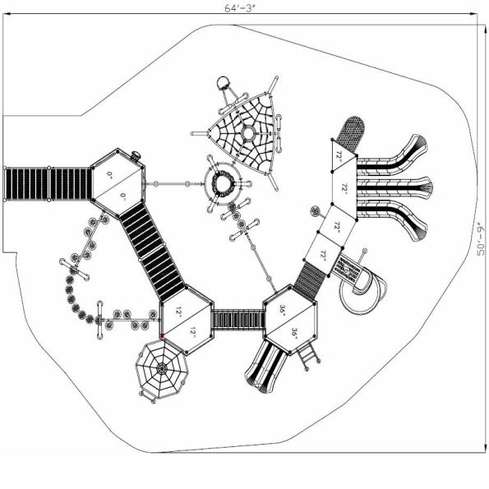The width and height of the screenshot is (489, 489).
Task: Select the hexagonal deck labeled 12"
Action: (187, 321)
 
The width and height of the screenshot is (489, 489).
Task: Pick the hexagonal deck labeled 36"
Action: (290, 321)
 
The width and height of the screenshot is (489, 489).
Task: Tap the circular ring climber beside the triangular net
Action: (224, 184)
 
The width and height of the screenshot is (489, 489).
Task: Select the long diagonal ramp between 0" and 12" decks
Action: (154, 252)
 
